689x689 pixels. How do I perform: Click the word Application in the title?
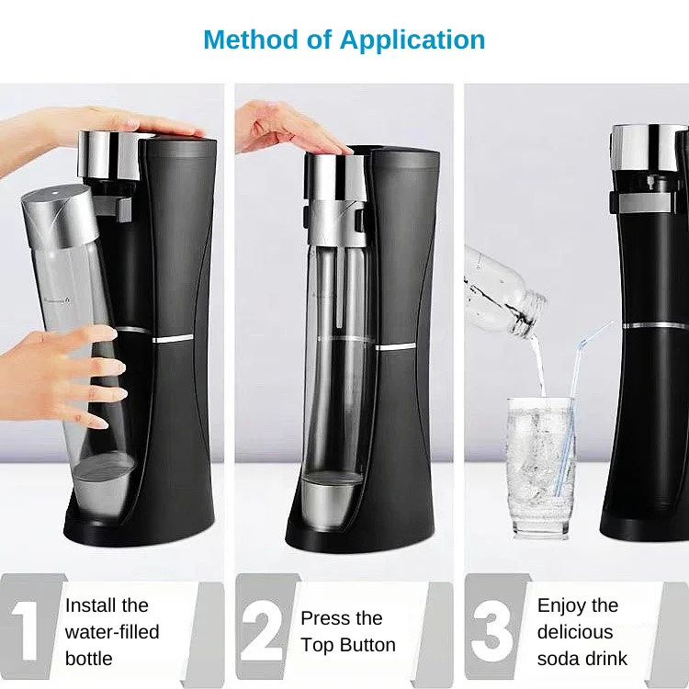click(412, 40)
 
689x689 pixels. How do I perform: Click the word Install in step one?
click(90, 605)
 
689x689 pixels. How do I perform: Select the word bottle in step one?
click(89, 659)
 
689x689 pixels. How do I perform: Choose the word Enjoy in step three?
click(564, 605)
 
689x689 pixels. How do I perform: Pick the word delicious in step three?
click(575, 632)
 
